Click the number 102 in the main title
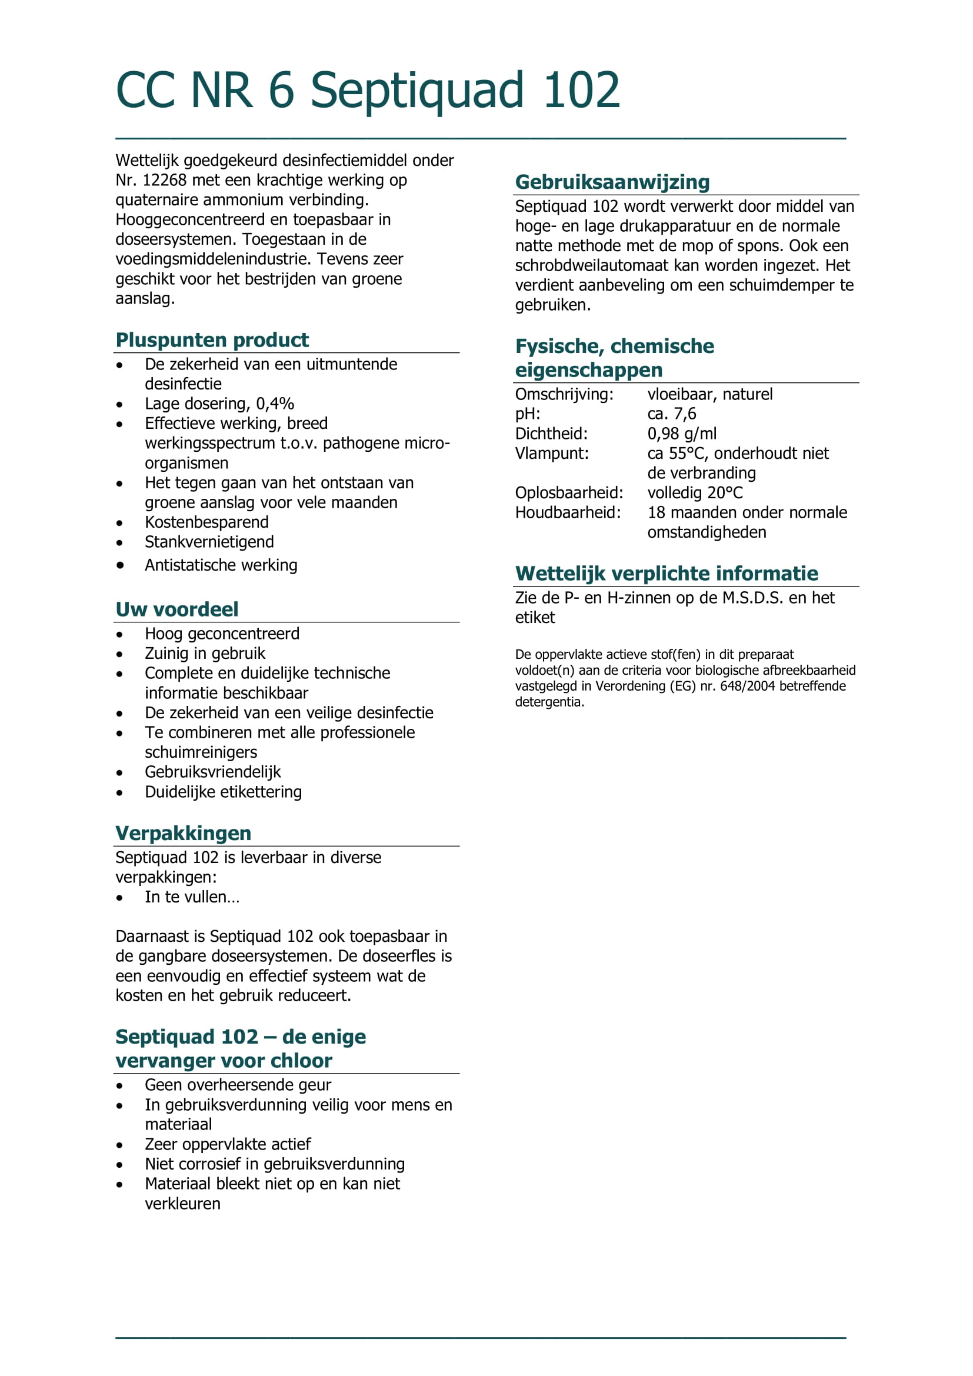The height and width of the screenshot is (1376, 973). (581, 91)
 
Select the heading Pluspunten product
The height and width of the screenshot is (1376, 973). (212, 340)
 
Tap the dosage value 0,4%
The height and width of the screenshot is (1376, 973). (274, 404)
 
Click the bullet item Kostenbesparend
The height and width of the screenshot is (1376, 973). (206, 522)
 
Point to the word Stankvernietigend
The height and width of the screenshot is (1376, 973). (209, 542)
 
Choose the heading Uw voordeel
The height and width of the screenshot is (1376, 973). (176, 609)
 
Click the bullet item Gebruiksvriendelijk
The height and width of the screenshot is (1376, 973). (213, 772)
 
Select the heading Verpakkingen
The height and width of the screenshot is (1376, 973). (183, 833)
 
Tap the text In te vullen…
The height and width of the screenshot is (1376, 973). (192, 897)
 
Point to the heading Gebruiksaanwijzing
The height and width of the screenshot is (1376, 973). (612, 182)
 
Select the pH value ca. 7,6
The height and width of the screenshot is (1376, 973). (671, 414)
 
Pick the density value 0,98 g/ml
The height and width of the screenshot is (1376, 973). (681, 434)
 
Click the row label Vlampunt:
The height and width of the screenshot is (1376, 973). (551, 453)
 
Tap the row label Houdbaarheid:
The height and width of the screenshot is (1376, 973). (567, 512)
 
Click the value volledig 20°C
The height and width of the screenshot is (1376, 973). (694, 492)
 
